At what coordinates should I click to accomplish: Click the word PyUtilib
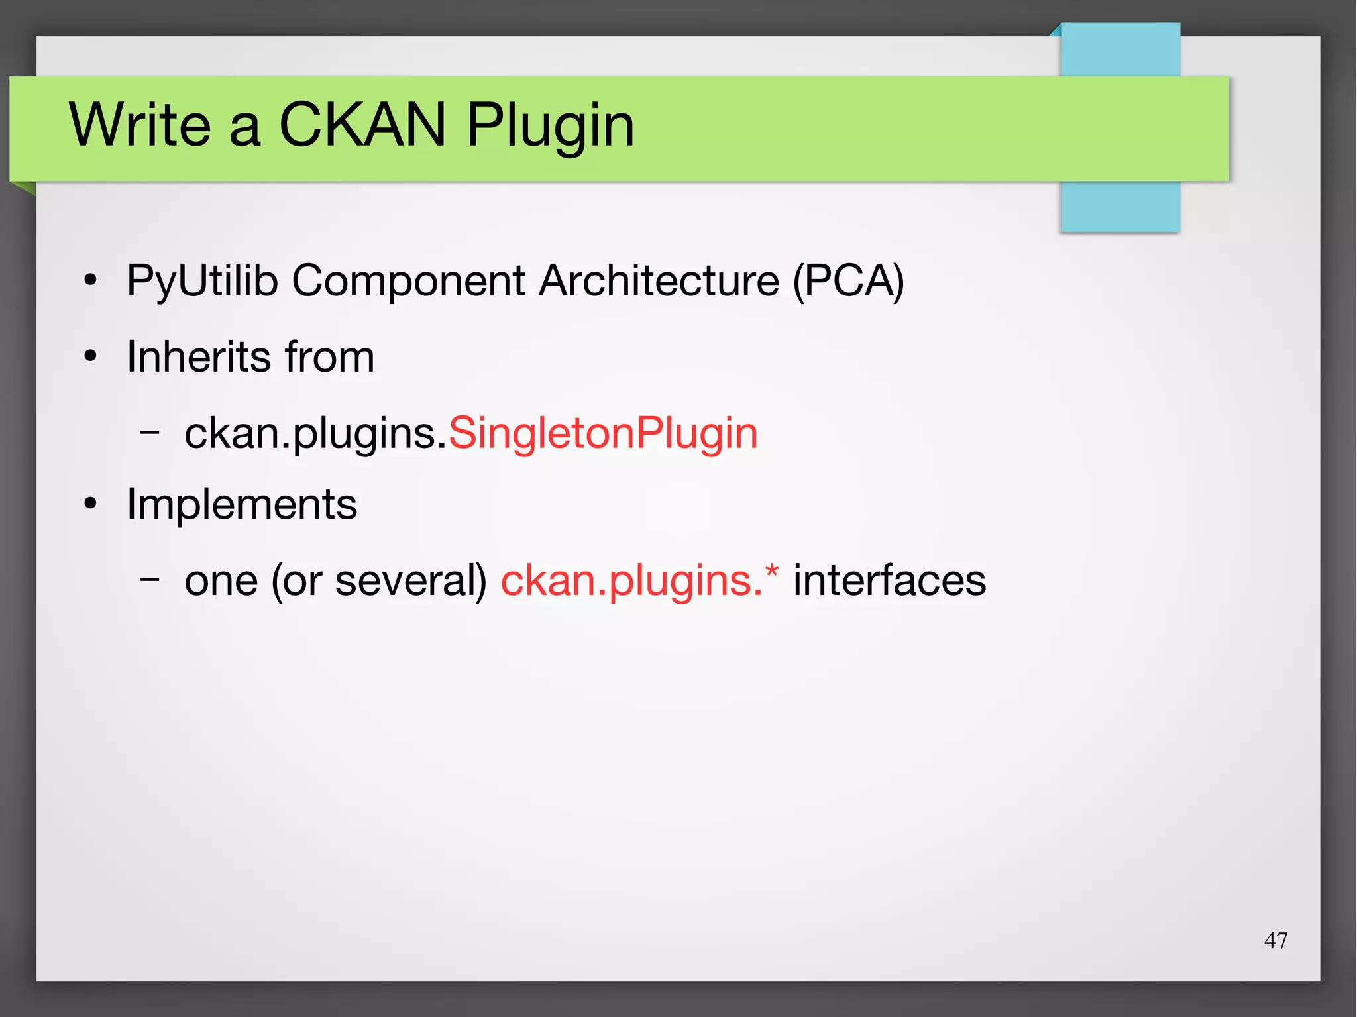[x=201, y=281]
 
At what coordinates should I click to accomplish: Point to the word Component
[x=408, y=281]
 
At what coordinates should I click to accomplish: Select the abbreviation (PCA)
[x=848, y=281]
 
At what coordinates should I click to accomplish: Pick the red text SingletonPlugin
[x=603, y=433]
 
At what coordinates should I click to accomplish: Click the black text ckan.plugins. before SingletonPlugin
[x=315, y=435]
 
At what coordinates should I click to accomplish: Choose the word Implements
[x=242, y=504]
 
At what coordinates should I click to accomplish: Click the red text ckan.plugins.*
[x=639, y=580]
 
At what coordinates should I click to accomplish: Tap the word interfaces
[x=889, y=580]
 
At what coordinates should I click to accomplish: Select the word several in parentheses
[x=411, y=580]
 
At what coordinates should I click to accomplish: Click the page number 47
[x=1276, y=940]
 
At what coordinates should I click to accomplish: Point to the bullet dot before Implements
[x=91, y=505]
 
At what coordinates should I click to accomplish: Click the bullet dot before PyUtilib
[x=91, y=281]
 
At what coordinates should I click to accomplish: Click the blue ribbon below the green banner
[x=1120, y=207]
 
